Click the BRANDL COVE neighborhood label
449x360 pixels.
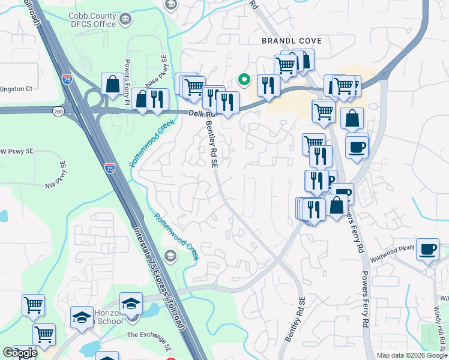pos(292,41)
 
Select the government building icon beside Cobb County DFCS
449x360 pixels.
pos(126,19)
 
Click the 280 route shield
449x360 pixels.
pos(58,112)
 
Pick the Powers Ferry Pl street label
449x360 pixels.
pos(127,81)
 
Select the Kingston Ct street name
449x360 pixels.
pos(16,89)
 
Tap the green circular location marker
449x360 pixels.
pos(244,79)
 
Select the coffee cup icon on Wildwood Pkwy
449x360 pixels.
pos(427,250)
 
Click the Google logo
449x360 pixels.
pos(20,353)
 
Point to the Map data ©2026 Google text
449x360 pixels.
pos(411,355)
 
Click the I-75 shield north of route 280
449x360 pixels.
pos(67,79)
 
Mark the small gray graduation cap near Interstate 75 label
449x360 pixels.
pos(170,257)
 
